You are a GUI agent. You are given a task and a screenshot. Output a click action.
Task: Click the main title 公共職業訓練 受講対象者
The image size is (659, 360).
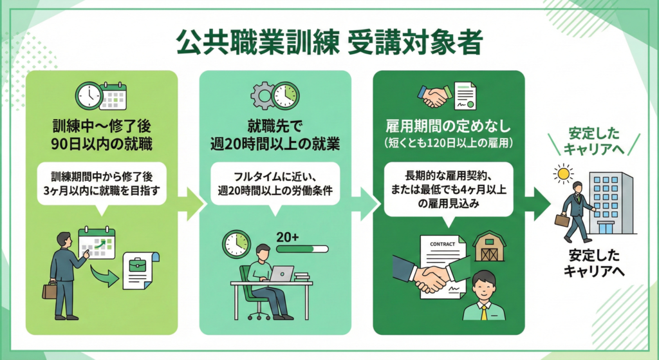[329, 44]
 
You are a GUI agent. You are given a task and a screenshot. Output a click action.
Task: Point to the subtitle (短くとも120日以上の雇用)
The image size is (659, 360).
[449, 141]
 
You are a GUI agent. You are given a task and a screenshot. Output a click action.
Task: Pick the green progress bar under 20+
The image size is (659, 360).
[301, 249]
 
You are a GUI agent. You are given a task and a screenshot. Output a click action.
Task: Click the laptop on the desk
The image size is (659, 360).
[281, 274]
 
